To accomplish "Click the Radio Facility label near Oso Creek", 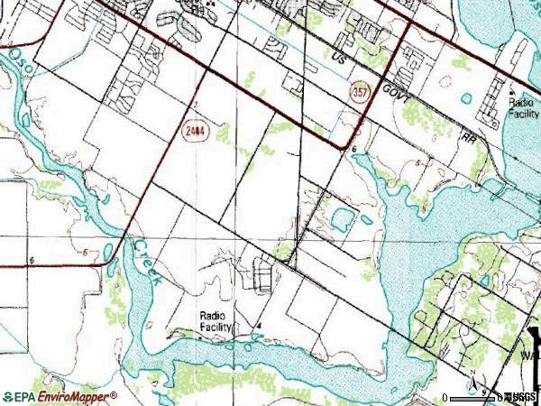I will point(215,321).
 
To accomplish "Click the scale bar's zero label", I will point(445,398).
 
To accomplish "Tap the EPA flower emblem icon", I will point(9,397).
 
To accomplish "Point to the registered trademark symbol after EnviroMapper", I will point(114,394).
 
